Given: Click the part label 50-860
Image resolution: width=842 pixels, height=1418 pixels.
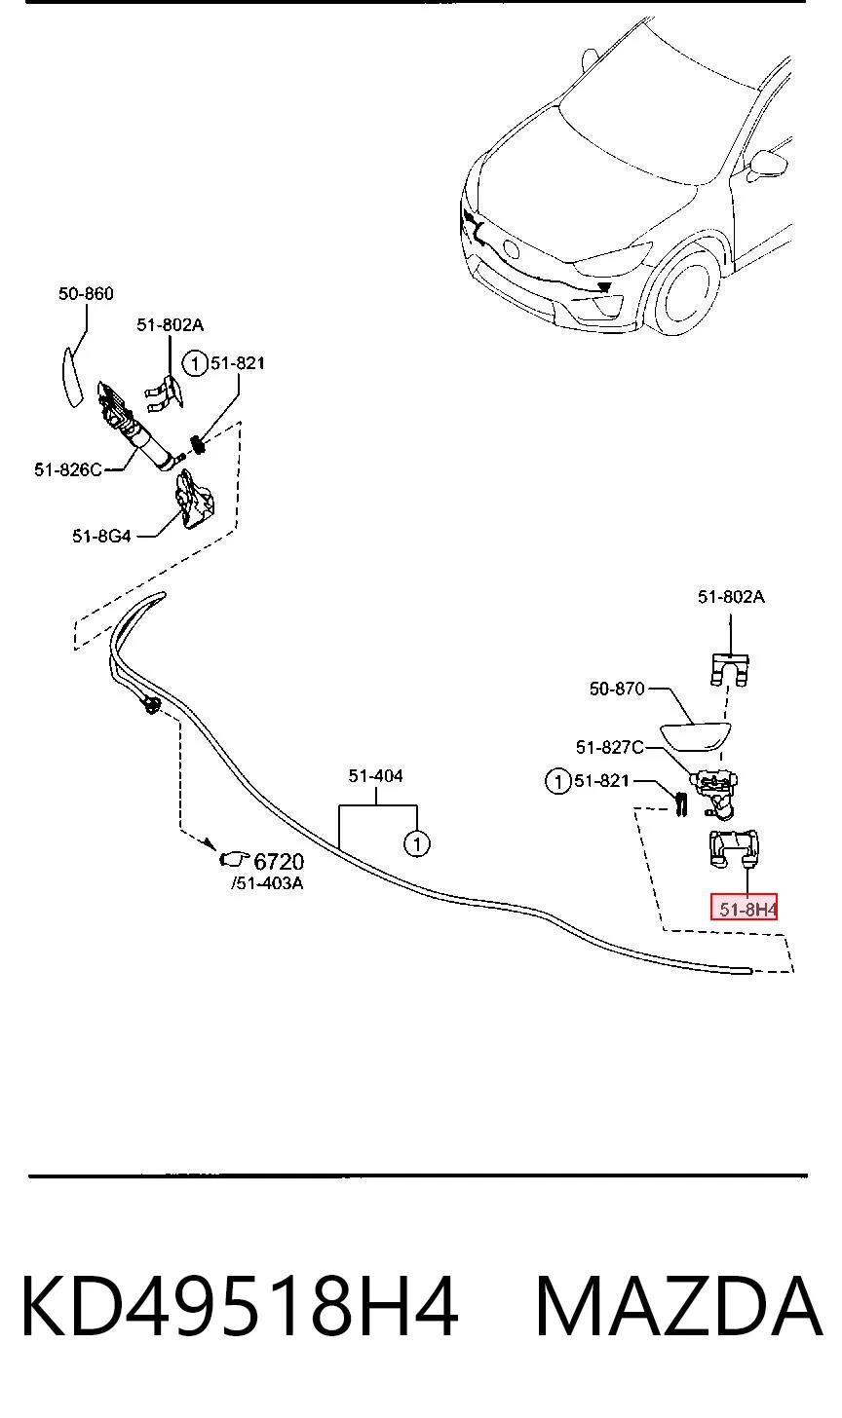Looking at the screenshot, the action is coord(86,294).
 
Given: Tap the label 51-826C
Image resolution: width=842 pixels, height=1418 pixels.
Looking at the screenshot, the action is coord(68,469).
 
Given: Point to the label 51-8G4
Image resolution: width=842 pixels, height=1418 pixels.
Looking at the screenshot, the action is coord(101,537).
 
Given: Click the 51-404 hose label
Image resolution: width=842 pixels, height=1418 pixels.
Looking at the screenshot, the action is coord(376,775).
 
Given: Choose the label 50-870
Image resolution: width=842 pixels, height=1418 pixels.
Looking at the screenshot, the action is coord(617,689).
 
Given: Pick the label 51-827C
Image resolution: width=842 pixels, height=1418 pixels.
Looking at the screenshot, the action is coord(609,747).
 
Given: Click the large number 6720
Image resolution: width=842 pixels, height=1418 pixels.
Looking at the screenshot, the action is coord(279,861).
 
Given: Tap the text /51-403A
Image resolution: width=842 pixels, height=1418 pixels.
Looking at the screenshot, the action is coord(267,883).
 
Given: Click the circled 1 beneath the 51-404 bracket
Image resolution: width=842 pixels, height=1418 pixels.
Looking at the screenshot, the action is coord(417,843).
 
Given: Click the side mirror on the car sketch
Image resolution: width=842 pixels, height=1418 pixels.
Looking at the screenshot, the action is coord(769,167).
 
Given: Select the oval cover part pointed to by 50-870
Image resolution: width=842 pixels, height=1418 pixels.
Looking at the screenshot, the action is coord(695,737).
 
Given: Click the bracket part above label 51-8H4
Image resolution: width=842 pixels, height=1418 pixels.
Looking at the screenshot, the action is coord(733,848).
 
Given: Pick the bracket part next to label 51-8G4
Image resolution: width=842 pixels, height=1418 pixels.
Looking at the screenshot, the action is coord(194,500).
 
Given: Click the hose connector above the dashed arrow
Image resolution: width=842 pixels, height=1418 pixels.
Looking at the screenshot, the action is coord(152,704).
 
